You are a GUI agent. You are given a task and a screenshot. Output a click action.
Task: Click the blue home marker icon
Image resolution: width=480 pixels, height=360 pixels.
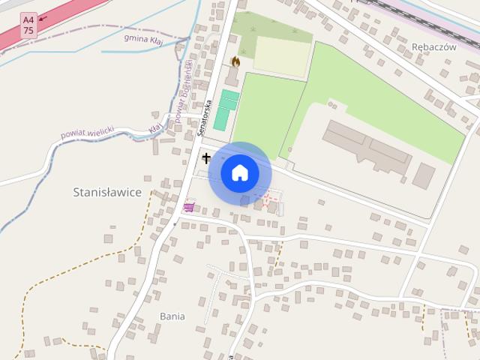[x=239, y=173]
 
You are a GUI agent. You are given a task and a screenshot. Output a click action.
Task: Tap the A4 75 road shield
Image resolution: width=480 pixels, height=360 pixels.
[x=28, y=24]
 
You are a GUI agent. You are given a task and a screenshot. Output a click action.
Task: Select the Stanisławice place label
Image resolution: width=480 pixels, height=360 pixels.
[x=107, y=192]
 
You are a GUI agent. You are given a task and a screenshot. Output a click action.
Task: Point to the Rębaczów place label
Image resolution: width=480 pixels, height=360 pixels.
[x=434, y=46]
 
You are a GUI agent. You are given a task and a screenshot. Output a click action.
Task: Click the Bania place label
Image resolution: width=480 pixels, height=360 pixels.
[x=172, y=316]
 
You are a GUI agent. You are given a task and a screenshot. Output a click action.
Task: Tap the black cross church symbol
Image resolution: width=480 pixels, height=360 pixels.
[x=205, y=158]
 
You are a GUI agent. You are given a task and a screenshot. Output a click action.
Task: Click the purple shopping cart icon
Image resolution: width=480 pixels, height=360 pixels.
[x=188, y=206]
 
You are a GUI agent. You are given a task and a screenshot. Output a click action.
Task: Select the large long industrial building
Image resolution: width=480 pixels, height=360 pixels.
[x=367, y=148]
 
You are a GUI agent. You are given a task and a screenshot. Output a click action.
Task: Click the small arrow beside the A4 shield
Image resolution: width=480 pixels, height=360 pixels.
[x=42, y=17]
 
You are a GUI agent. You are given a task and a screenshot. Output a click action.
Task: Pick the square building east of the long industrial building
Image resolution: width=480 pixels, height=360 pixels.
[x=424, y=175]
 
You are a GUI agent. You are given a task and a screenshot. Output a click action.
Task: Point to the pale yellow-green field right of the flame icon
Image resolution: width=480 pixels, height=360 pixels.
[x=282, y=55]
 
